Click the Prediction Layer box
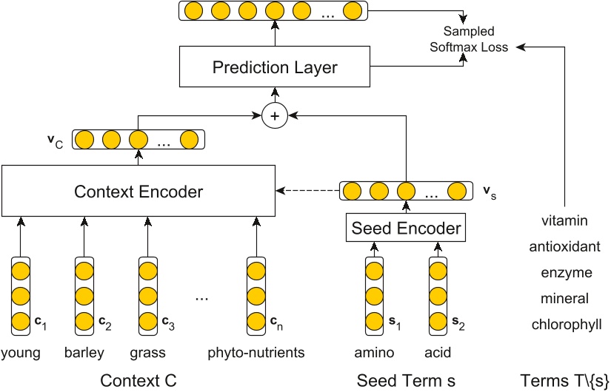click(x=275, y=68)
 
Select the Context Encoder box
click(x=138, y=192)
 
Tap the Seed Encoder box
click(x=407, y=229)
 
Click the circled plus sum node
click(x=275, y=115)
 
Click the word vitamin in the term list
click(x=564, y=220)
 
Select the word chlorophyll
click(x=567, y=325)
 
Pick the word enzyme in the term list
click(x=567, y=273)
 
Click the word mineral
click(x=565, y=299)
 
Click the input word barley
click(x=84, y=352)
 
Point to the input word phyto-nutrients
click(x=256, y=352)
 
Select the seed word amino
click(x=373, y=352)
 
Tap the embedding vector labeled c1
click(x=21, y=295)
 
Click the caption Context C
click(x=138, y=381)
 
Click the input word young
click(x=21, y=352)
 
